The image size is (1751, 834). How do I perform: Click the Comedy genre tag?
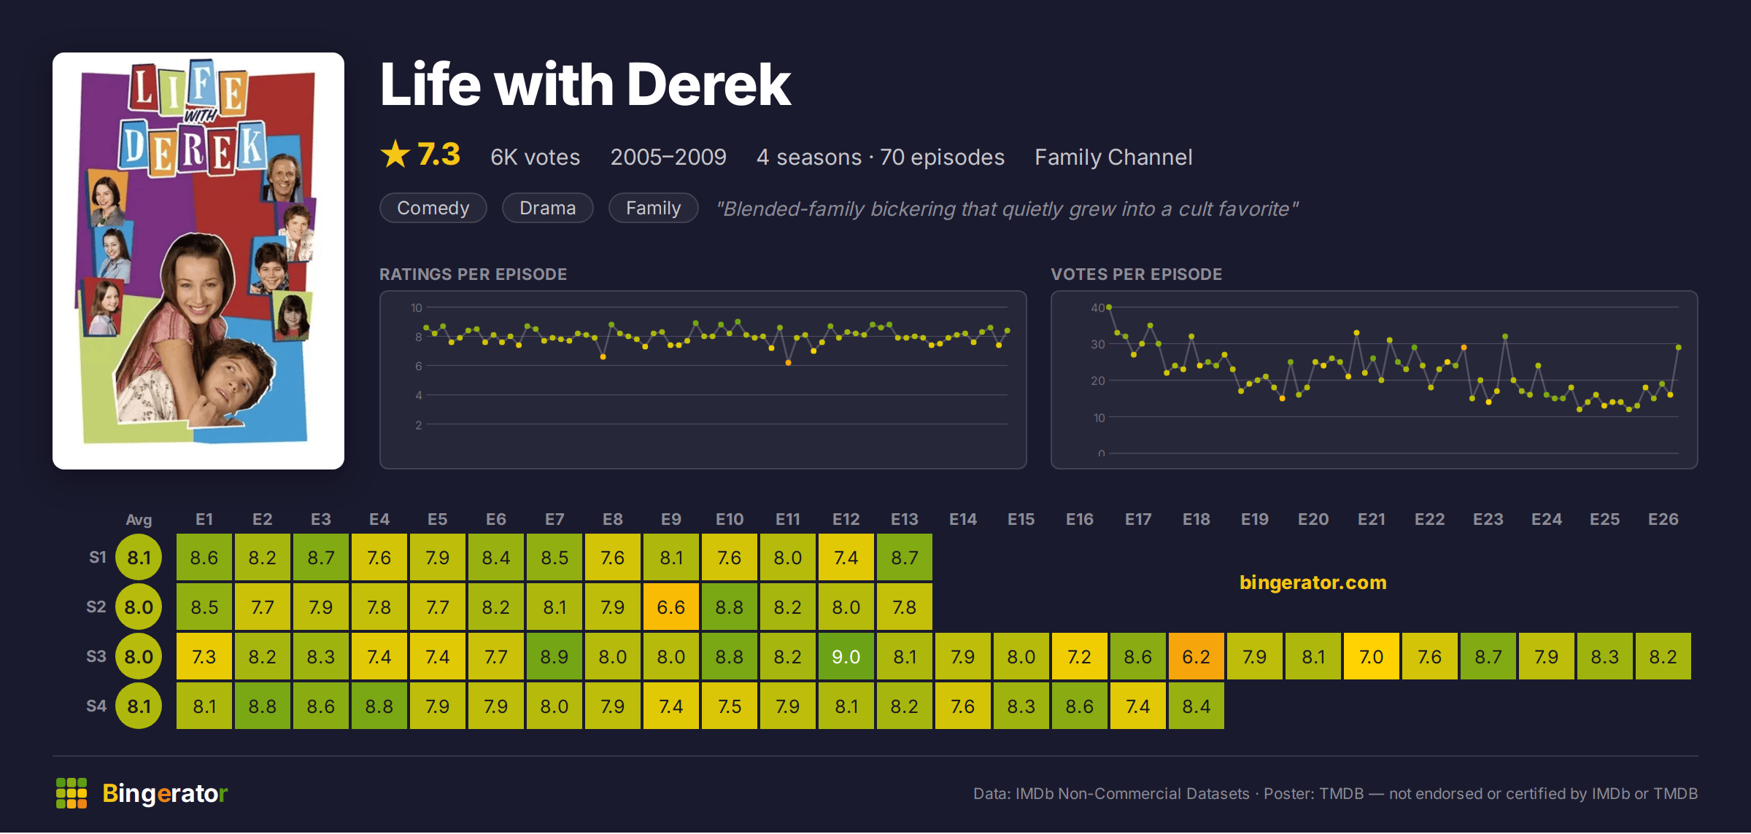433,208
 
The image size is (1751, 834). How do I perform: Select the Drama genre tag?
547,208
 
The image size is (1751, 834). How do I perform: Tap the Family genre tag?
653,208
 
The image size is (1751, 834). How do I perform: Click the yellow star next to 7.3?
395,154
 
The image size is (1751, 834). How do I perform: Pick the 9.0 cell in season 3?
846,657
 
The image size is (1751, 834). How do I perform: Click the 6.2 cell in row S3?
1197,657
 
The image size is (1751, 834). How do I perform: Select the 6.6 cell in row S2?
671,607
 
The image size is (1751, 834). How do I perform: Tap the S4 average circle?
139,706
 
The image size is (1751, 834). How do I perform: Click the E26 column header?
1663,519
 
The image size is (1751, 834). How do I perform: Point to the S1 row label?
98,557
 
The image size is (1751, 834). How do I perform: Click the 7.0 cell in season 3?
1372,657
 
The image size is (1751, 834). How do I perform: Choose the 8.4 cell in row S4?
1197,706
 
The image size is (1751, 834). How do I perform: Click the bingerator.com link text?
1313,582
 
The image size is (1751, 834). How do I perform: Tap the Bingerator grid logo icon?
71,793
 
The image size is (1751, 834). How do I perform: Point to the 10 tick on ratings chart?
416,308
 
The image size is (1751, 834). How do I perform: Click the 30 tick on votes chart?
1098,344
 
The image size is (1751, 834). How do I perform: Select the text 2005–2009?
668,157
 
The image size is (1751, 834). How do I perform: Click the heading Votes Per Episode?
1136,274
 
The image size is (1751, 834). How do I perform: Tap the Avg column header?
139,520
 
